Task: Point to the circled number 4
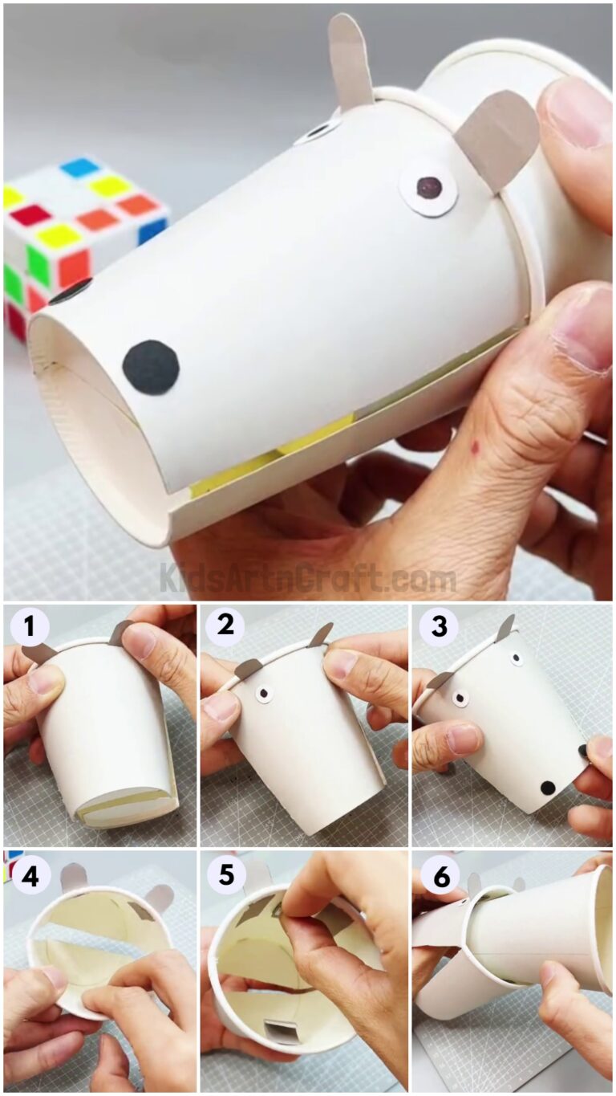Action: click(29, 876)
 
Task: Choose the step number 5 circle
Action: click(225, 876)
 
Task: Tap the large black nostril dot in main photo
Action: click(150, 367)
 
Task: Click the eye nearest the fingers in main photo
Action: click(429, 189)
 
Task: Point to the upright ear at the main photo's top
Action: click(350, 60)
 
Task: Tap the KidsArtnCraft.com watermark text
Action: click(307, 578)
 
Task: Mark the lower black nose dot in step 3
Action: click(548, 788)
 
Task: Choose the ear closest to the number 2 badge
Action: click(248, 667)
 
